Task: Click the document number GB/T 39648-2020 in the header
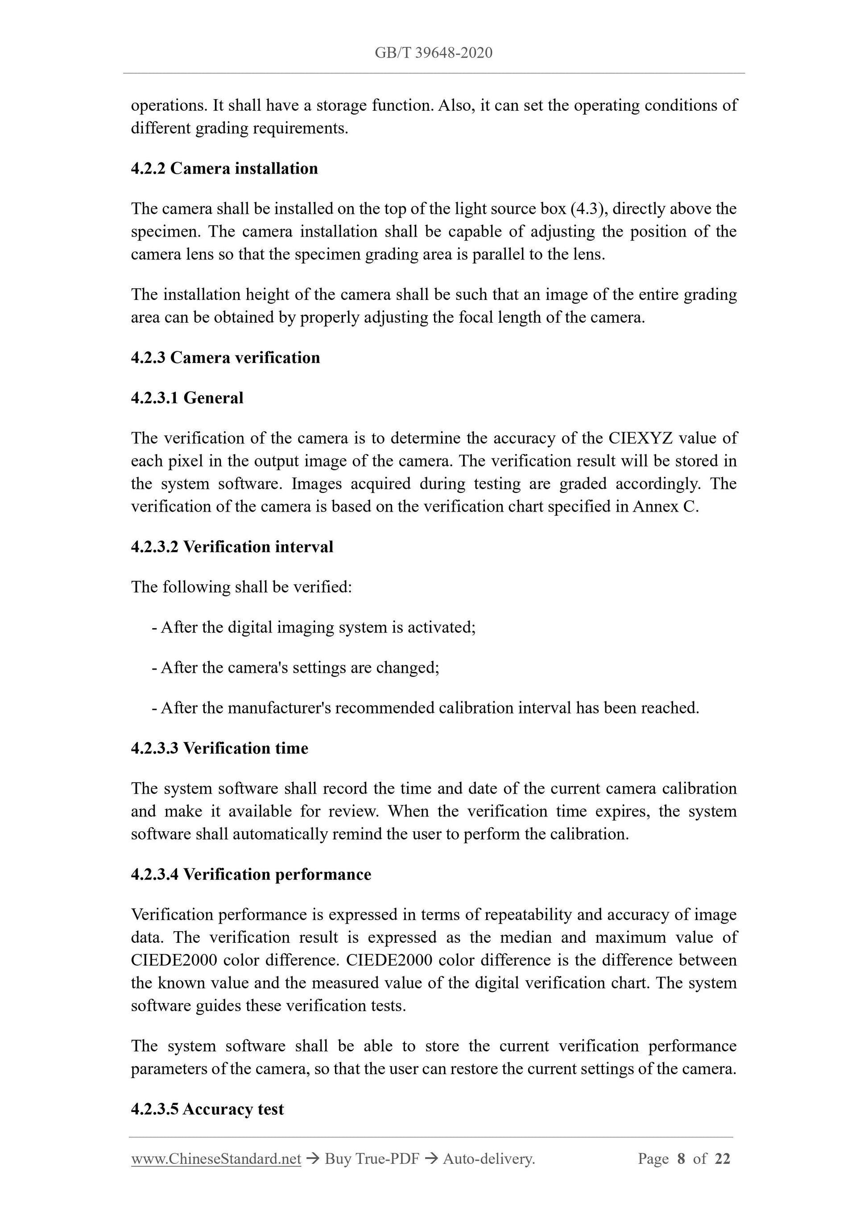[433, 53]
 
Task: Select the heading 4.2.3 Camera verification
[225, 358]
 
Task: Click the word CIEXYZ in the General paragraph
[640, 438]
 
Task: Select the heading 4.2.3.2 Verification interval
[231, 546]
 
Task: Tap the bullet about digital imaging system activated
[314, 627]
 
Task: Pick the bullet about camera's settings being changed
[295, 667]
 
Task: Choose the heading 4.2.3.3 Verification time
[219, 748]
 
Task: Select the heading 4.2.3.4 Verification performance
[251, 874]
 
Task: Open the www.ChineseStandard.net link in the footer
[215, 1159]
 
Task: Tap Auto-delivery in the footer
[488, 1159]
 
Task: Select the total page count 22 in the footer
[722, 1159]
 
